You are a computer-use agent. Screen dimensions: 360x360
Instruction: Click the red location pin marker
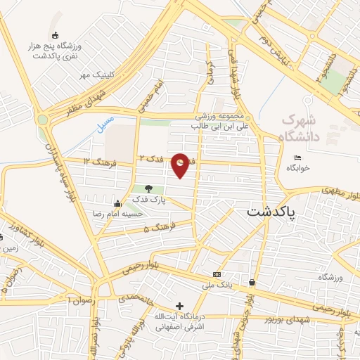point(181,164)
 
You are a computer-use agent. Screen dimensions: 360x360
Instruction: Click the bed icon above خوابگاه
point(297,157)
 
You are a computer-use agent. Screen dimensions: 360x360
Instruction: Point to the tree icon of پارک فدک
point(148,188)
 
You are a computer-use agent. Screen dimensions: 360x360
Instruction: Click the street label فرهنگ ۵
point(156,229)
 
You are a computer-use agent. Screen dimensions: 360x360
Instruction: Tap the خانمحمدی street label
point(130,297)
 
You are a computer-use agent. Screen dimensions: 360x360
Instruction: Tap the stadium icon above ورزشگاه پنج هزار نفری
point(56,35)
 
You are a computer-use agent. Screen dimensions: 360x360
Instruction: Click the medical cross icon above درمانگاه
point(180,307)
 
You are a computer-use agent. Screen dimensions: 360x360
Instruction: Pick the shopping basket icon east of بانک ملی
point(252,283)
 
